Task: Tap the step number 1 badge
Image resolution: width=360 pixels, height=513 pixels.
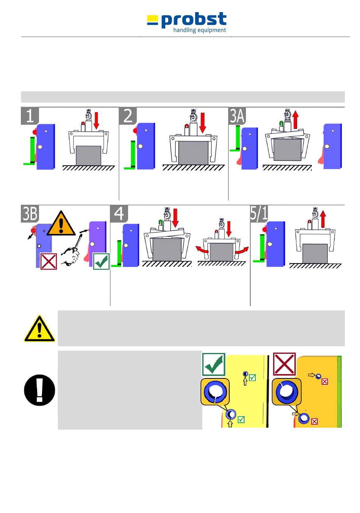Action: pos(30,115)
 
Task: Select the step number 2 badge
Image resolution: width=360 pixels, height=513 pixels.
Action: pos(128,115)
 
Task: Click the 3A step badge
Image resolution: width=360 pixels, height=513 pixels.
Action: pos(237,115)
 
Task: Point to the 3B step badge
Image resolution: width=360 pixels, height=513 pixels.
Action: pos(30,213)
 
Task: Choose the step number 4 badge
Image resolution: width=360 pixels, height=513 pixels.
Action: pos(119,213)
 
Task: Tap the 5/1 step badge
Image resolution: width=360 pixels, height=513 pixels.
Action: pos(259,213)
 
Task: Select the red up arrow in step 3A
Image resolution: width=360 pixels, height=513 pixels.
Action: pos(295,120)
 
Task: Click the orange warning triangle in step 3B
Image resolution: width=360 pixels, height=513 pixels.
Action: pos(61,223)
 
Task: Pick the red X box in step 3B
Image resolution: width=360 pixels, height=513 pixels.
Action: pos(49,261)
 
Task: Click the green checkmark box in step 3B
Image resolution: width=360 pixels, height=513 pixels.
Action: pos(101,261)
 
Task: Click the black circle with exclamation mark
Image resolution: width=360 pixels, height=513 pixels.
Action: pos(39,390)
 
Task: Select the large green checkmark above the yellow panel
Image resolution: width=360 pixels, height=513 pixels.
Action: pos(214,364)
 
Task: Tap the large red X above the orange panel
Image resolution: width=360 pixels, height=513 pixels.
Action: pos(284,364)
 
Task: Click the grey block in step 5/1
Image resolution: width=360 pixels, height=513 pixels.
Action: pos(315,253)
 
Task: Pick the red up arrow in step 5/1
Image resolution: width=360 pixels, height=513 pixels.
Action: pos(323,219)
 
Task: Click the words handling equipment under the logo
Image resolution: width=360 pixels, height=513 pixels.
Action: pos(200,30)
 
